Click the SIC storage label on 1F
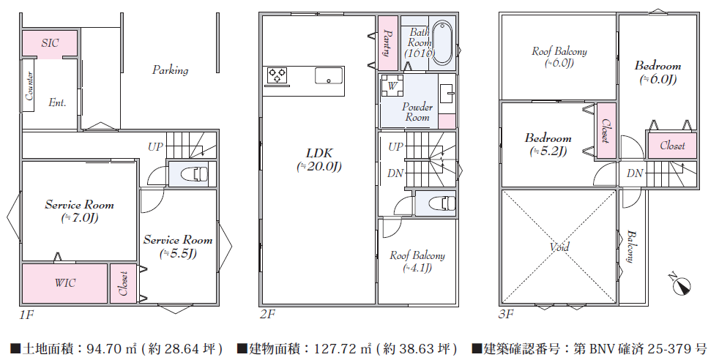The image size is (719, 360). coord(50,43)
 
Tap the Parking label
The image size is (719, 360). coord(170,70)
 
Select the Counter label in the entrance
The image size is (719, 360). coord(29,86)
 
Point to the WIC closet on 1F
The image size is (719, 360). coord(65,283)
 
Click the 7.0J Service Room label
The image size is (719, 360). coord(79,211)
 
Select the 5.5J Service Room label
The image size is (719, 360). coord(178,247)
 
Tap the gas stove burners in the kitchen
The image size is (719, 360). coord(277,75)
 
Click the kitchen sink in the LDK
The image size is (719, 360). coord(329,75)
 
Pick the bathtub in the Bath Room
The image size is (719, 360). coord(442,42)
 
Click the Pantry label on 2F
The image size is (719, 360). coord(387,43)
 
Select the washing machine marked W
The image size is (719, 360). coord(392,86)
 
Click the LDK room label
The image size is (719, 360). coord(319,160)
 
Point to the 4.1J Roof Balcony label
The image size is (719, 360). coord(417,261)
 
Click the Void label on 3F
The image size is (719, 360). coord(559,247)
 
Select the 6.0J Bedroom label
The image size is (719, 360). coord(658,72)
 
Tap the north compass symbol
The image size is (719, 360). coord(680,285)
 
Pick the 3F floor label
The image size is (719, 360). coord(506,314)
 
